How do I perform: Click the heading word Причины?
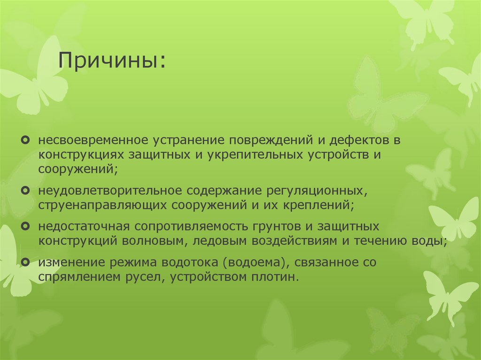[x=112, y=60]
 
